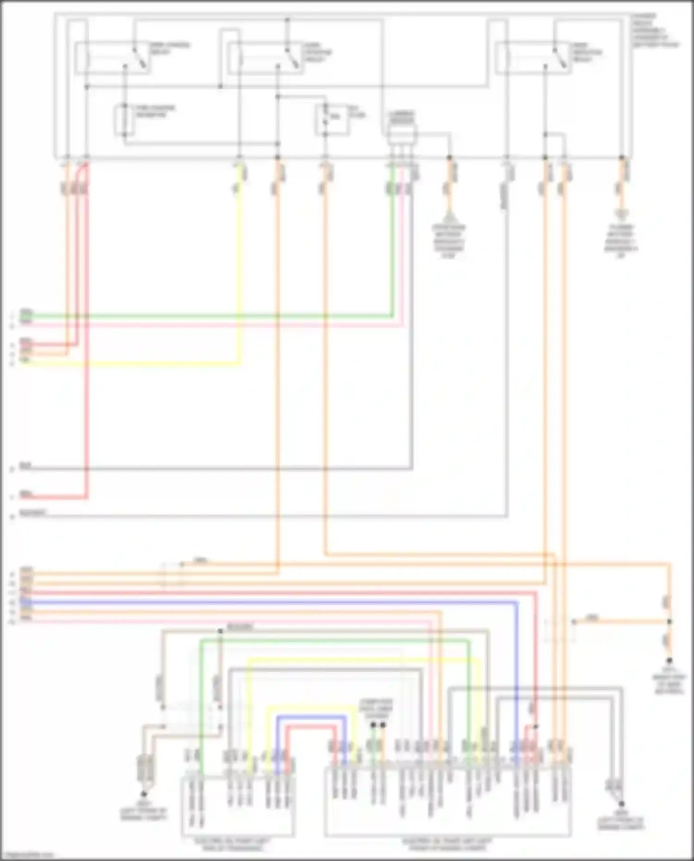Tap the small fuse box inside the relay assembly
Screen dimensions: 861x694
(332, 119)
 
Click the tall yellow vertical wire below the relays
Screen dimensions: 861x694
(239, 278)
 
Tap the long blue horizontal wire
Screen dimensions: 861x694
(278, 602)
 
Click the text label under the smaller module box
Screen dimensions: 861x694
(237, 844)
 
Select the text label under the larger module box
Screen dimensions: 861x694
(447, 844)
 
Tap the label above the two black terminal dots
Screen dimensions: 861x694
(378, 708)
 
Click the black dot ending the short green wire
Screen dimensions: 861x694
(373, 725)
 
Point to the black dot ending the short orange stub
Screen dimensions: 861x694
(383, 725)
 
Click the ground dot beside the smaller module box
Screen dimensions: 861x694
(143, 794)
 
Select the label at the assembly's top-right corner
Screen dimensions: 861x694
(655, 31)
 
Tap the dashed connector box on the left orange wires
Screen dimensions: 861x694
(172, 575)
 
